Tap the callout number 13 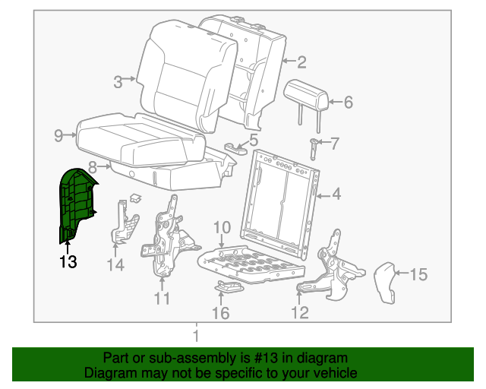(x=68, y=262)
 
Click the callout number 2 (x=301, y=62)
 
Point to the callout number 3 (x=118, y=82)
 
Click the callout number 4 (x=336, y=194)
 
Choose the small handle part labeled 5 (x=237, y=147)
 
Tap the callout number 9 (x=58, y=136)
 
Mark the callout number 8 (x=92, y=166)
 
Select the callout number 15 (x=419, y=274)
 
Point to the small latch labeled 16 (x=229, y=287)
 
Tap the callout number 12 (x=299, y=312)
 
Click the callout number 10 (x=221, y=227)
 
